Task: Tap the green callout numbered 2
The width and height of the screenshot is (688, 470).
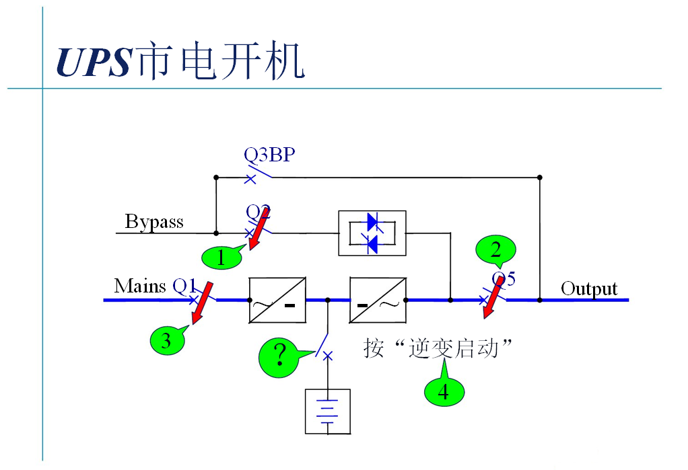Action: [x=495, y=251]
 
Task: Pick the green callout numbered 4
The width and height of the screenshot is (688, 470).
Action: [x=444, y=390]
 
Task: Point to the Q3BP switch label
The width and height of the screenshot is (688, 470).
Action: [x=269, y=155]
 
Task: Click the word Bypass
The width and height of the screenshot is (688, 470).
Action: [x=154, y=222]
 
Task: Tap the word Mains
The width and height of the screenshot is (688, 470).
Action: [x=140, y=286]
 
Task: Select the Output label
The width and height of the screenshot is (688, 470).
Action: [x=589, y=288]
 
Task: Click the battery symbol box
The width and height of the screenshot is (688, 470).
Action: [x=328, y=411]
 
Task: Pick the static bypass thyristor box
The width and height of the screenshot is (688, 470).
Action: [x=372, y=233]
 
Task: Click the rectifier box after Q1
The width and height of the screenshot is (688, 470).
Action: [x=277, y=300]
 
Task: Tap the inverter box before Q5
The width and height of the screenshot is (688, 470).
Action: [x=378, y=300]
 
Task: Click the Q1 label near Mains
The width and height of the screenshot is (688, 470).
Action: [x=184, y=286]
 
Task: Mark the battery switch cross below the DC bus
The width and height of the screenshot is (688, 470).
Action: [x=328, y=356]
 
